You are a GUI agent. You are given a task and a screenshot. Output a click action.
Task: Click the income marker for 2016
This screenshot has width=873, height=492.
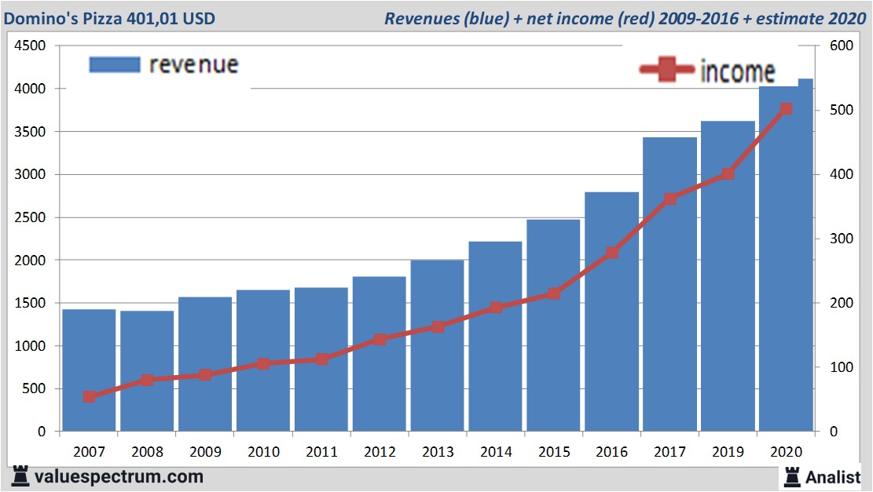[x=612, y=253]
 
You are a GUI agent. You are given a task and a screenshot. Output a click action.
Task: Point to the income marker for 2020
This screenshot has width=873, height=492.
[x=786, y=109]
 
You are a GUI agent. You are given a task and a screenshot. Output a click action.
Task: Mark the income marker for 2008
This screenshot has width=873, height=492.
[x=147, y=380]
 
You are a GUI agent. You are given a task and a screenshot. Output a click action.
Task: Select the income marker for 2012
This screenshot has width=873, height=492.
[x=380, y=340]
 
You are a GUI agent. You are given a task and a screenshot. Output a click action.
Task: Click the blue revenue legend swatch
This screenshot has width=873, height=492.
[x=115, y=64]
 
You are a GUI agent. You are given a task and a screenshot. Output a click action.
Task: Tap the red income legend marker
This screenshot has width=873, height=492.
[x=667, y=70]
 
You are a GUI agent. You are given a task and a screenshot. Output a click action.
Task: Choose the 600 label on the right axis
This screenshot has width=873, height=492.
[x=842, y=46]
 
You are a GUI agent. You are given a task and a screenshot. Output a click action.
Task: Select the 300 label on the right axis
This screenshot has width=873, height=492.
[x=842, y=239]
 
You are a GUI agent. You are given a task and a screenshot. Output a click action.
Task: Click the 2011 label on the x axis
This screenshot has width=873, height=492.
[x=321, y=452]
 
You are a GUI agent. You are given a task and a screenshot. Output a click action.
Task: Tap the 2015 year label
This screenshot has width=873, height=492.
[x=554, y=452]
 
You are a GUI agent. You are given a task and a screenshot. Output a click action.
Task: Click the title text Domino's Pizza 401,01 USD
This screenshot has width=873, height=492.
[x=109, y=18]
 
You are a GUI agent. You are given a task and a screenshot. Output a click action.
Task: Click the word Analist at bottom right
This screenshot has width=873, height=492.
[x=833, y=476]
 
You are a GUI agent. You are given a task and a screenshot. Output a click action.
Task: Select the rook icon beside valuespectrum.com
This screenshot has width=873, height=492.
[x=20, y=476]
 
